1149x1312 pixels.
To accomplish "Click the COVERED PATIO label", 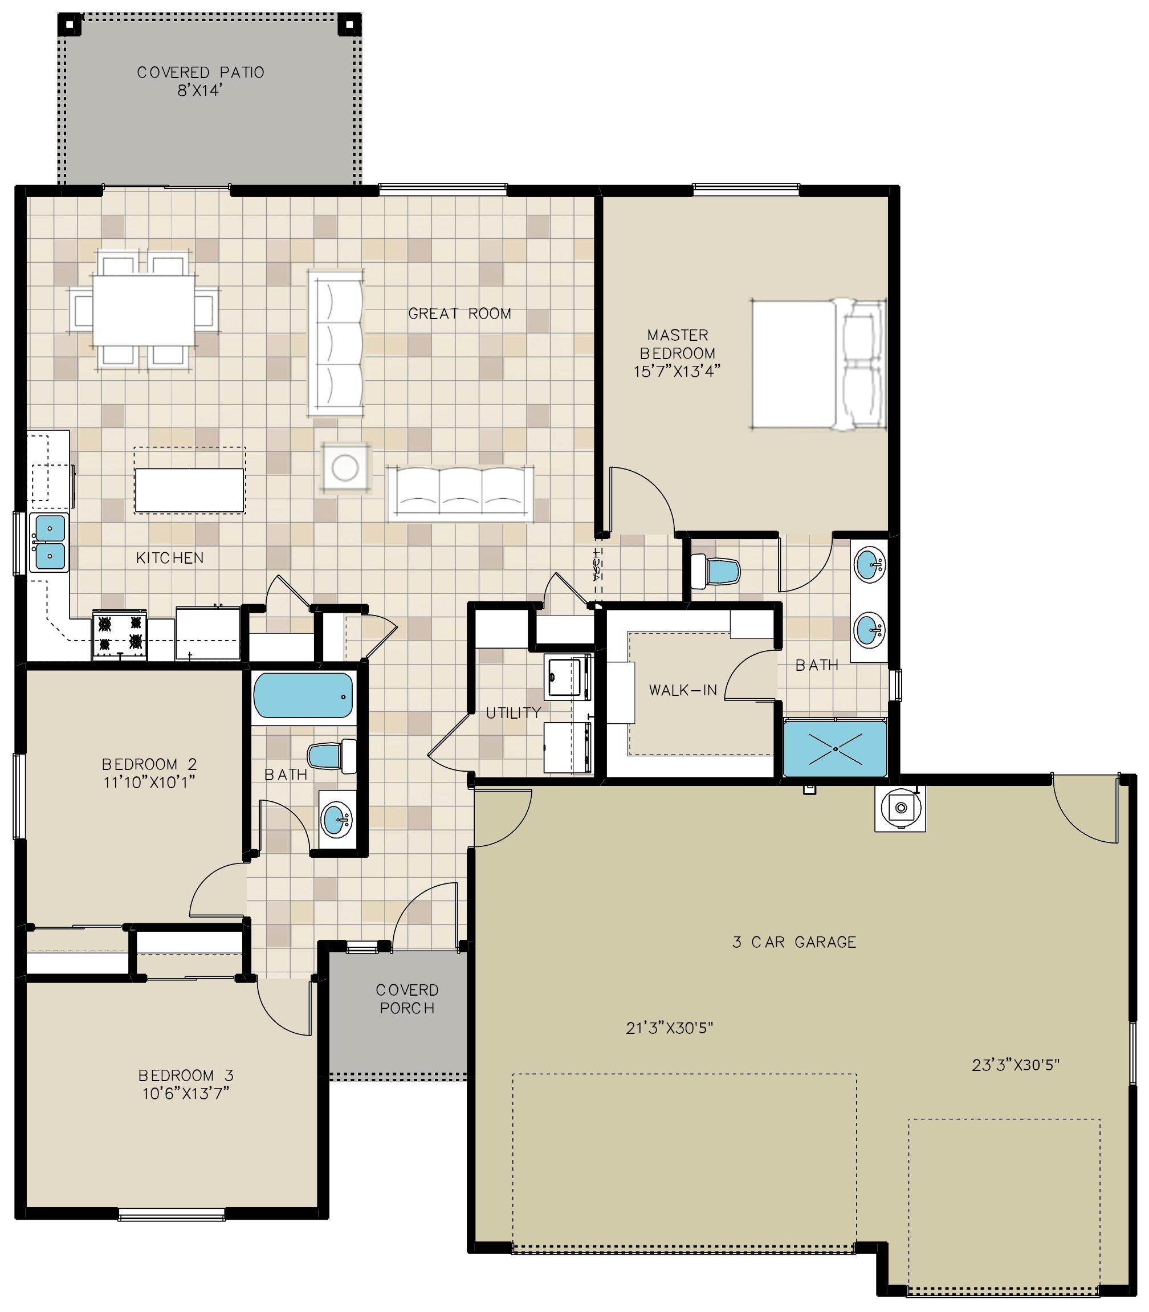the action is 201,72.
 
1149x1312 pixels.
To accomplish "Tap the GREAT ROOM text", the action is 460,313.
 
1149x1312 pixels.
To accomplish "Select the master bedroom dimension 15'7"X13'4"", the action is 678,370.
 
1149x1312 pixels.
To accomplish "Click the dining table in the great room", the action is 144,311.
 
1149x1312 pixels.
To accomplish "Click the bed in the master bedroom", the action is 819,364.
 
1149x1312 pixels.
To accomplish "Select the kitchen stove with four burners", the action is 120,635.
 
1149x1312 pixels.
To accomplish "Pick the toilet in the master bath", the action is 716,569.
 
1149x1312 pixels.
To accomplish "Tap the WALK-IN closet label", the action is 683,691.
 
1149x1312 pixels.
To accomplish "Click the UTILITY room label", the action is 513,712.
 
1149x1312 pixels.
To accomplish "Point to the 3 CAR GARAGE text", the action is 794,942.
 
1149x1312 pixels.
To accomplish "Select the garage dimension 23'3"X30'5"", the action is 1016,1065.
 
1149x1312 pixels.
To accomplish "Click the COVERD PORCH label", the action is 407,999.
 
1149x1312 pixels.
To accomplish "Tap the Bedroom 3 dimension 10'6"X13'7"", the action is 186,1093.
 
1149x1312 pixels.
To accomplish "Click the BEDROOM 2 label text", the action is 149,764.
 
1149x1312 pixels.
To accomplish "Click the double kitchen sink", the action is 50,543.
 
